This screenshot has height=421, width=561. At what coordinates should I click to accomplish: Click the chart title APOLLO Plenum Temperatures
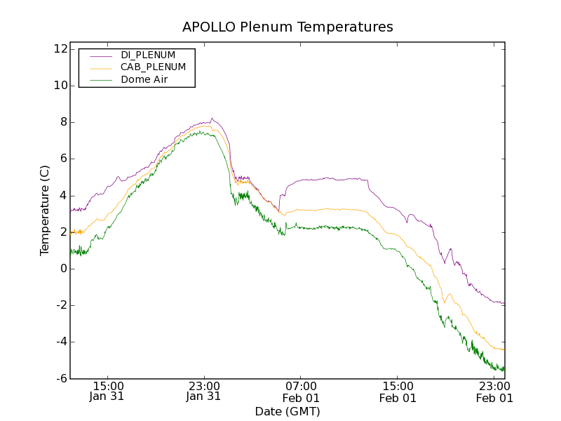(288, 27)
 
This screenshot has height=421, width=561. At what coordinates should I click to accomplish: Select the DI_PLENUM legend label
(148, 55)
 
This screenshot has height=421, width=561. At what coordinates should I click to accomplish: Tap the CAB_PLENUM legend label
(153, 67)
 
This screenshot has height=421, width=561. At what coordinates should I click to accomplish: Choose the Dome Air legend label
(144, 80)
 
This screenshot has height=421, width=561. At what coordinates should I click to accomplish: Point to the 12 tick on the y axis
(60, 49)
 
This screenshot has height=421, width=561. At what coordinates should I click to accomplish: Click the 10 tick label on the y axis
(60, 86)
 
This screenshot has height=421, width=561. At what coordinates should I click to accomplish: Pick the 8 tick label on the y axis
(63, 122)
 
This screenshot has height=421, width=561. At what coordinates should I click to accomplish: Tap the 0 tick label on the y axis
(63, 269)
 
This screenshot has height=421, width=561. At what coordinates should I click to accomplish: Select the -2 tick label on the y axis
(61, 305)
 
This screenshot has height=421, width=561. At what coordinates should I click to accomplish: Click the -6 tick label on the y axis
(61, 378)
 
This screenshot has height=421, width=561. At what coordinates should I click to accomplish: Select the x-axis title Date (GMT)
(288, 411)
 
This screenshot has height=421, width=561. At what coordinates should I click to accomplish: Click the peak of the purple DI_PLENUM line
(212, 119)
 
